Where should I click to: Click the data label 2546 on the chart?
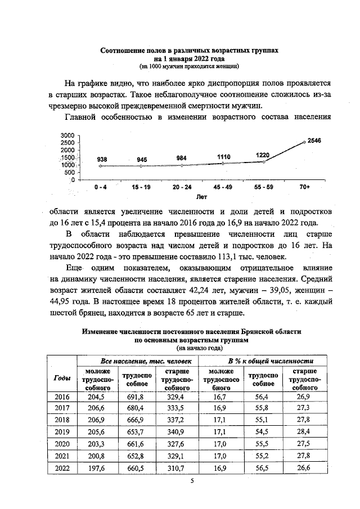tap(313, 141)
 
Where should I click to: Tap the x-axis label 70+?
tap(304, 186)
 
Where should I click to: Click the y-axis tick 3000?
tap(67, 136)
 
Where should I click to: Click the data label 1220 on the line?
tap(263, 155)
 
